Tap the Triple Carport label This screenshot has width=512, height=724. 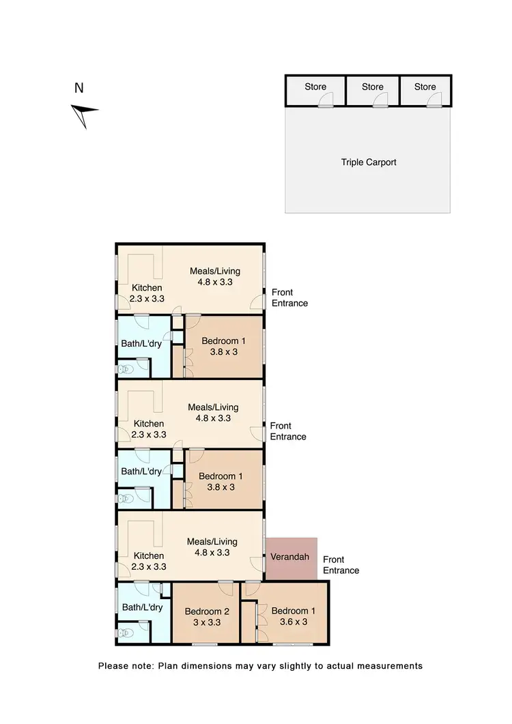coord(369,162)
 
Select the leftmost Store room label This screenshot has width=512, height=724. coord(315,87)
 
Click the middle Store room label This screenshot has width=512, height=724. coord(373,87)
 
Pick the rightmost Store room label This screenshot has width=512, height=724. coord(425,87)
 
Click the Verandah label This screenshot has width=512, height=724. coord(290,558)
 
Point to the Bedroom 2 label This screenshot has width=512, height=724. coord(205,611)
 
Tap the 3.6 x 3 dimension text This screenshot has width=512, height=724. coord(292,622)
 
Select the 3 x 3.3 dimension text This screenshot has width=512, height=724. coord(205,622)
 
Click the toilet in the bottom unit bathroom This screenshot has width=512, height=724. coord(124,633)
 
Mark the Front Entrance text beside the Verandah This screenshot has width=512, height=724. coord(341,564)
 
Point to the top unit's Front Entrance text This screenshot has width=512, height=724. coord(289,298)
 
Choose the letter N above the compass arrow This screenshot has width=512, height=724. coord(79,87)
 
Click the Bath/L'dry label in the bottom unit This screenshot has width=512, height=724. coord(141,607)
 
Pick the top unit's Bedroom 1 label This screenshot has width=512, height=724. coord(221,341)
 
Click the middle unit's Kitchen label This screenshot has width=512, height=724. coord(148,424)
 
